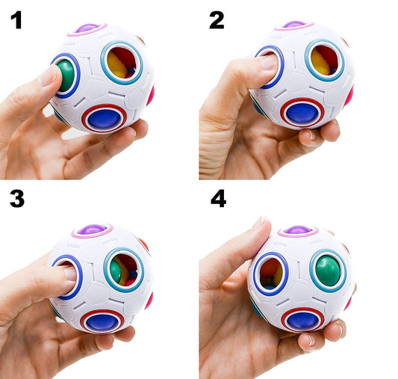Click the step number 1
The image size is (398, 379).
click(x=16, y=19)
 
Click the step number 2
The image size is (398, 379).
click(x=217, y=19)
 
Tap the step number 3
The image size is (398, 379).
click(x=17, y=199)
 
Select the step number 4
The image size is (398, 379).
click(x=217, y=200)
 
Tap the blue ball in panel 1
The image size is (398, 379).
click(x=104, y=117)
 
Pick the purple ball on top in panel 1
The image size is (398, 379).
click(x=87, y=28)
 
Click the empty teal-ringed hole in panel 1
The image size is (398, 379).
click(x=121, y=62)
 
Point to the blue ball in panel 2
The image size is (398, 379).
click(x=302, y=113)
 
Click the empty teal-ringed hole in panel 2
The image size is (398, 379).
click(x=323, y=61)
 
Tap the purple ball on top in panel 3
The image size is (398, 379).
click(x=91, y=229)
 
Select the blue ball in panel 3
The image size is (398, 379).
click(x=102, y=321)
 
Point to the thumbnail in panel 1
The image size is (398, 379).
click(x=50, y=74)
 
